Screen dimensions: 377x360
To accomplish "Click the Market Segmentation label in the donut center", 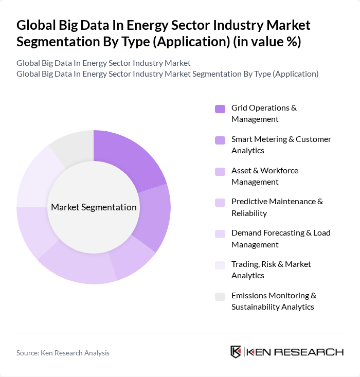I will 94,207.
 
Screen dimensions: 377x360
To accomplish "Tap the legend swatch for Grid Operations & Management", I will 220,109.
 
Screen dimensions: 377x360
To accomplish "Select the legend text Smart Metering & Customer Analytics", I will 281,145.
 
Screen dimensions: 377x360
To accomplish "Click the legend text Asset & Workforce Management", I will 264,176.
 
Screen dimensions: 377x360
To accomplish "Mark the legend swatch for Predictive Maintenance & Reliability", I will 220,203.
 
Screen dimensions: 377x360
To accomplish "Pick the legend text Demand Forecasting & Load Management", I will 281,239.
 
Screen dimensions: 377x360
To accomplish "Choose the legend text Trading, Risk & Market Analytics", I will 271,270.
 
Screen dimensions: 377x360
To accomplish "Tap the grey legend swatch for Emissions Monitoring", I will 220,296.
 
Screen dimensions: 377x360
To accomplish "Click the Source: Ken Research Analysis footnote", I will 63,353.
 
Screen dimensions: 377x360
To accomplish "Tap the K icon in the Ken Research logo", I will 236,352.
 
